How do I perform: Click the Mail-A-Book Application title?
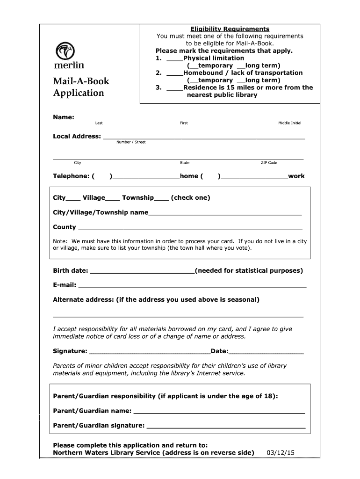81,87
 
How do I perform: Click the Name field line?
190,118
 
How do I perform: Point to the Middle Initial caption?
289,123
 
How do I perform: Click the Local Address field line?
203,138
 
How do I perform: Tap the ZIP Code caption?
269,163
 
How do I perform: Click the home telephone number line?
146,177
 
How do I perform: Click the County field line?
190,228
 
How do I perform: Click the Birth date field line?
142,272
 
